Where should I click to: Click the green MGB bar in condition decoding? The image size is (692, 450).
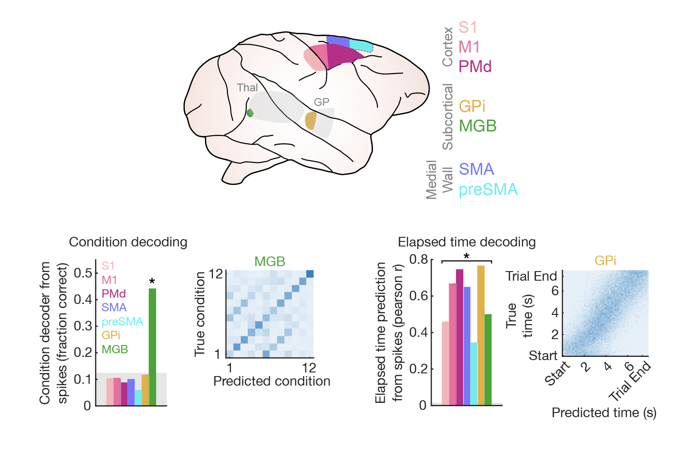152,347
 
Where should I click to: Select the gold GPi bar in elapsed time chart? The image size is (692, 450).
481,335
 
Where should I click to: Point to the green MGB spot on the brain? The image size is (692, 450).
250,113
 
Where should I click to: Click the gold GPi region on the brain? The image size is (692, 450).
310,120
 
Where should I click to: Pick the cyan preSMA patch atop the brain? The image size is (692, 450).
361,45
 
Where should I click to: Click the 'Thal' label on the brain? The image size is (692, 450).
247,88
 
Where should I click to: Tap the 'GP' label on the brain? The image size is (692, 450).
321,102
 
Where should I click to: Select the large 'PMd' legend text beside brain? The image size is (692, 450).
475,67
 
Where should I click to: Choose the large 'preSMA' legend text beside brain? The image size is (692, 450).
488,189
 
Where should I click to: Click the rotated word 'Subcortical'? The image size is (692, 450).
448,117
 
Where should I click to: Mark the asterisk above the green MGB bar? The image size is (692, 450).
152,282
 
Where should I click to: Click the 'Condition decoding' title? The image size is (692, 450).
128,242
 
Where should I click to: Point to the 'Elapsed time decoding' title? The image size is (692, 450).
467,242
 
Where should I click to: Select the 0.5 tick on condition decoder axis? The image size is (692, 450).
83,273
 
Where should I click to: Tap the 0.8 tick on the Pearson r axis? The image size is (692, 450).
419,260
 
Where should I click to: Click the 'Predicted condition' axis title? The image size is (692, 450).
272,381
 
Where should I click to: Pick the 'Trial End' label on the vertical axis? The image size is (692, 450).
531,276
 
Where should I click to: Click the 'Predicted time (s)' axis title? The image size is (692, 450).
604,413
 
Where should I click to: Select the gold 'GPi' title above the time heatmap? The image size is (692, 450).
605,261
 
